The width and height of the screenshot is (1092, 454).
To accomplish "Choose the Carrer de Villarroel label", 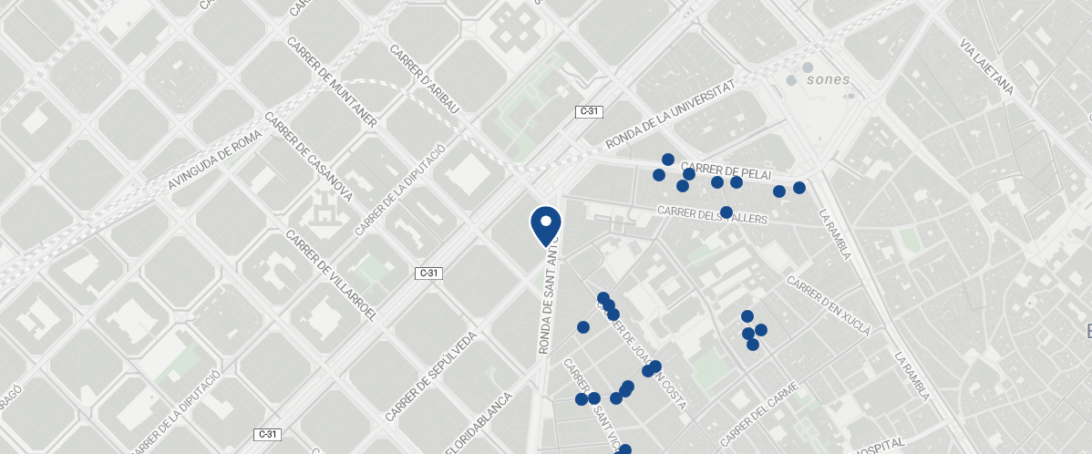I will tap(331, 274).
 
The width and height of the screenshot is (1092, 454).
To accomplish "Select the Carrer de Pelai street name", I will tap(726, 170).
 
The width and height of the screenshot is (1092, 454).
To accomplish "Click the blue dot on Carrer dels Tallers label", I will tap(726, 212).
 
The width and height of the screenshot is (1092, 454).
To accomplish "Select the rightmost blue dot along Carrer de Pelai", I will tap(799, 188).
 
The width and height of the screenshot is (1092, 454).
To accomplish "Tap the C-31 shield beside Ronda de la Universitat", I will tap(589, 111).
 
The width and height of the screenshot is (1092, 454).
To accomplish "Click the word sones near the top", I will tap(829, 79).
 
